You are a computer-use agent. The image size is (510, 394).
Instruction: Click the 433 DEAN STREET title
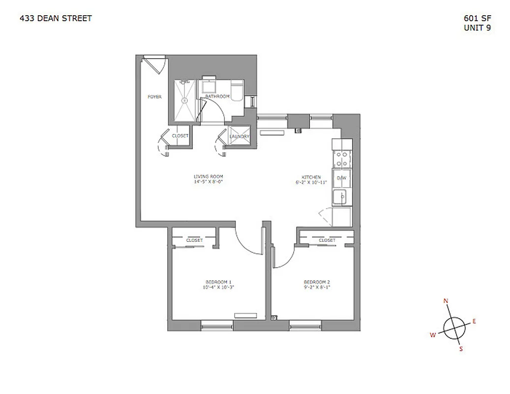[x=56, y=19]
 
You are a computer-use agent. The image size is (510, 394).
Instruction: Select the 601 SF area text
[x=477, y=19]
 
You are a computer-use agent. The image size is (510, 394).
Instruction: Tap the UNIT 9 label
[x=477, y=28]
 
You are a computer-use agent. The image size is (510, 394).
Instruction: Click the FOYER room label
[x=154, y=97]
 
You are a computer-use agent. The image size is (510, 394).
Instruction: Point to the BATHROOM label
[x=217, y=97]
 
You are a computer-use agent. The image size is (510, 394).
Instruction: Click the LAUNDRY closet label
[x=240, y=136]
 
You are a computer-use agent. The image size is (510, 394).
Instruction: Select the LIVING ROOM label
[x=209, y=176]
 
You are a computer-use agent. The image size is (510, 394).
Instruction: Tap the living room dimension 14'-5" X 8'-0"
[x=209, y=182]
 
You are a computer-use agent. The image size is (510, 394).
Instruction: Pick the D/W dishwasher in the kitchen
[x=342, y=178]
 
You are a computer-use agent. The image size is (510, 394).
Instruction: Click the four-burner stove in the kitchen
[x=341, y=160]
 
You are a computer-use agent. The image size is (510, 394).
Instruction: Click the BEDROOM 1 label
[x=217, y=282]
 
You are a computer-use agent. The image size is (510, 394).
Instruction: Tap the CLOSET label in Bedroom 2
[x=327, y=240]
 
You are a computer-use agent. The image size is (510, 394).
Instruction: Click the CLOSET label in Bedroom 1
[x=194, y=240]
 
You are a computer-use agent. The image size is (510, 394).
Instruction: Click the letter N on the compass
[x=446, y=301]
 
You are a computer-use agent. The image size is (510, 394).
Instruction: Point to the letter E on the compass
[x=474, y=321]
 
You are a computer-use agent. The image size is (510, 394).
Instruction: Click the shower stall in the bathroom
[x=185, y=100]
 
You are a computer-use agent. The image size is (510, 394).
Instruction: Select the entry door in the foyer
[x=153, y=66]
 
